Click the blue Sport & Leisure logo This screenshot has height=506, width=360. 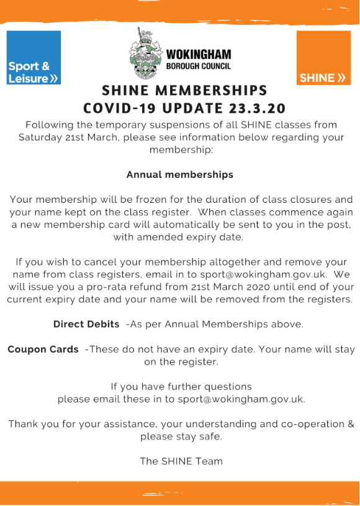point(34,57)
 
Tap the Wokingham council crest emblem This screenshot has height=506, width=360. point(146,56)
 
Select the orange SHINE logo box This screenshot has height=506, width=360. point(323,57)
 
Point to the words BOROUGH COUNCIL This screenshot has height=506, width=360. point(199,65)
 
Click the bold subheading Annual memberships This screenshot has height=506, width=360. point(180,175)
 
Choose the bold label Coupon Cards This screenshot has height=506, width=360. point(43,349)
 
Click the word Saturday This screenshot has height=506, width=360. point(40,137)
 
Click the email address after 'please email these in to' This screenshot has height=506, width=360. point(241,399)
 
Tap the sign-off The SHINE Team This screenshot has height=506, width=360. point(181,461)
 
